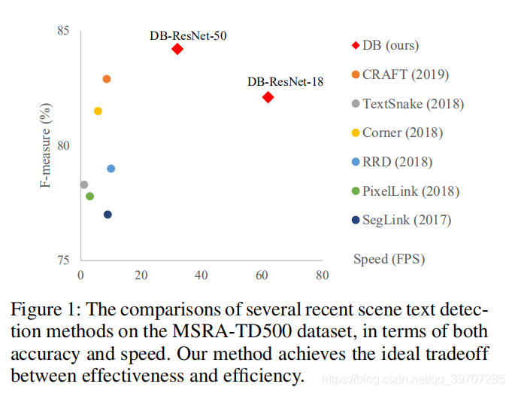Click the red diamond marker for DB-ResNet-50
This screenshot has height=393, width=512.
[177, 49]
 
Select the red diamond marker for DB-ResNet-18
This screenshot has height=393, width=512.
[268, 97]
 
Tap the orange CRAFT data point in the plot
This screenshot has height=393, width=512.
[107, 79]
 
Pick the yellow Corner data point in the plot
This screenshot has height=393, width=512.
[98, 111]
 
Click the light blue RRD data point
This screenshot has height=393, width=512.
[111, 168]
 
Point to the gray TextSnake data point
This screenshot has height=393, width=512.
[83, 184]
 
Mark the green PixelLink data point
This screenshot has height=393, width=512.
[89, 196]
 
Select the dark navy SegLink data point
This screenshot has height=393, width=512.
[108, 215]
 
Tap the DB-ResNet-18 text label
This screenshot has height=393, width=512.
[285, 81]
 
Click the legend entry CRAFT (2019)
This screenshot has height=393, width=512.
[405, 75]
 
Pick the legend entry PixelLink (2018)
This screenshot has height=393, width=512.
[411, 191]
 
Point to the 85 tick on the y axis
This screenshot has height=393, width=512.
[62, 31]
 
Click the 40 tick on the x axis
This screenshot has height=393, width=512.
[201, 276]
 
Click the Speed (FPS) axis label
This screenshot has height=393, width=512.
[389, 259]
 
